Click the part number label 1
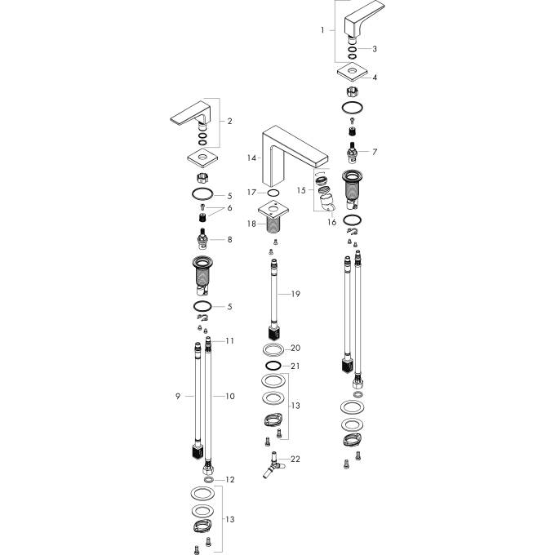point(323,30)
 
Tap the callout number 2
point(230,122)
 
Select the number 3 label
point(375,49)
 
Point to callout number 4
point(375,78)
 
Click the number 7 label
point(375,152)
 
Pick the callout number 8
point(230,239)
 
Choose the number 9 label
point(177,396)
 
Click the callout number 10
point(230,396)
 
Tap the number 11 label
point(230,340)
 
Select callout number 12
point(230,479)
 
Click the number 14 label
point(252,157)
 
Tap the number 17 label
point(252,193)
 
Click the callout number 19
point(296,292)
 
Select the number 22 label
point(295,460)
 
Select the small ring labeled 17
point(273,193)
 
